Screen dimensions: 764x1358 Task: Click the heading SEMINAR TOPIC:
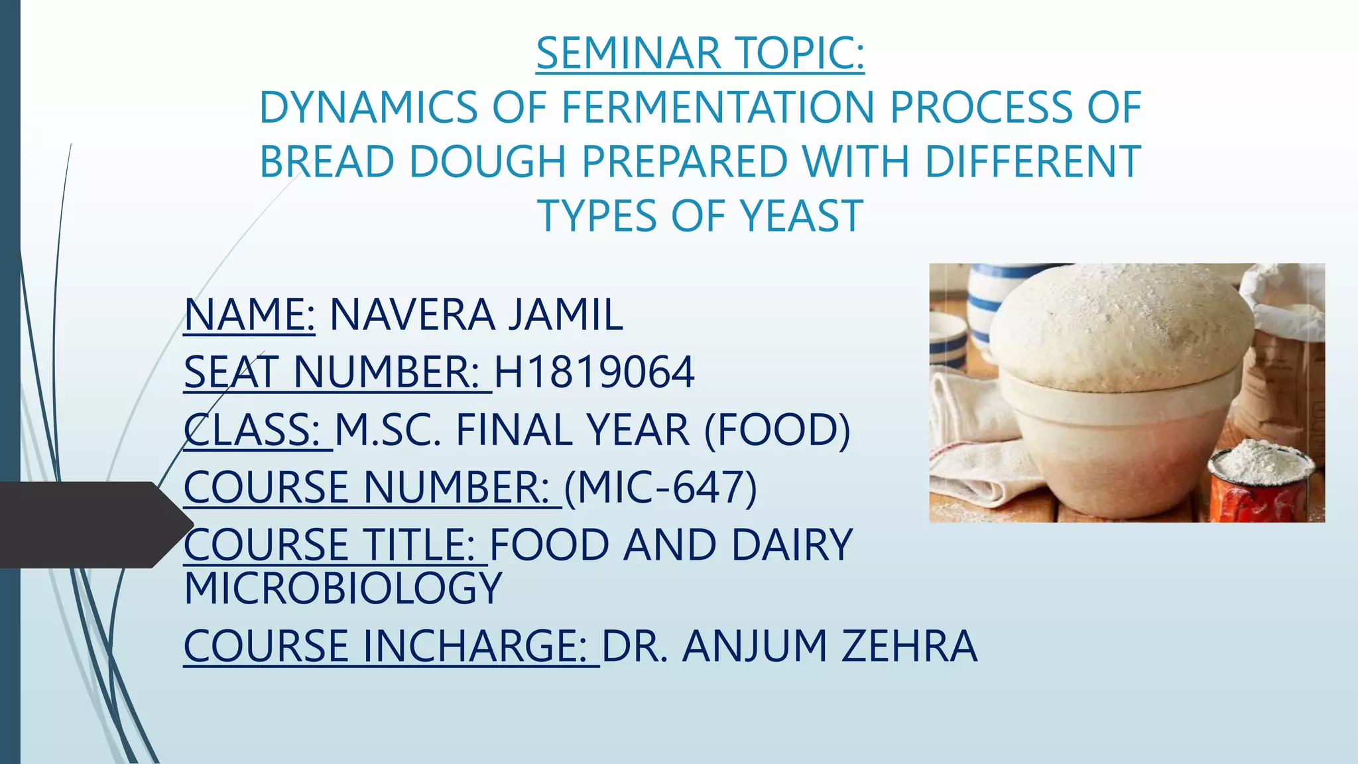700,53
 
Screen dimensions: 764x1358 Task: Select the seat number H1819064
594,372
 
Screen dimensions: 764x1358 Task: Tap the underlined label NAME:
249,314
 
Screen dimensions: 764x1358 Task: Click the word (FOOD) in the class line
776,430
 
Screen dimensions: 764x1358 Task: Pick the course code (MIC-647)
660,487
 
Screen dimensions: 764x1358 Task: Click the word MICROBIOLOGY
343,588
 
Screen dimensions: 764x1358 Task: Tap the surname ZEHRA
909,646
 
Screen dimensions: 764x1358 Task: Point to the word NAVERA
411,314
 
